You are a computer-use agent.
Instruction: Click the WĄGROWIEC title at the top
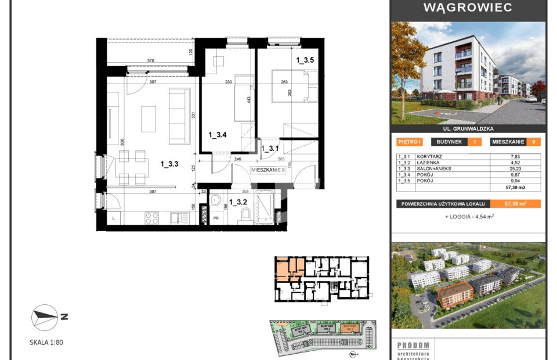pos(468,8)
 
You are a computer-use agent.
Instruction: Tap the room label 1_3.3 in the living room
pos(169,164)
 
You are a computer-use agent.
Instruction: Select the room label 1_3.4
pos(217,135)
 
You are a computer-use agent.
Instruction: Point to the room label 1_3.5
pos(305,59)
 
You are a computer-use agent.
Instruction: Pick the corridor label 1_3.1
pos(270,149)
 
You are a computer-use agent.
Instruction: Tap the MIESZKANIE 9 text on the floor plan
pos(268,170)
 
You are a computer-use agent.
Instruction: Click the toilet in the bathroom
pos(245,216)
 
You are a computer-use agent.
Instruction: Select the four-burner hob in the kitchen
pos(151,218)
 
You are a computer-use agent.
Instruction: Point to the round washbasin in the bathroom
pos(216,201)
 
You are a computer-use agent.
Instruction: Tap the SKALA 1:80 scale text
pos(46,343)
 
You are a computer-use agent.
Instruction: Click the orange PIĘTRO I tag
pos(410,142)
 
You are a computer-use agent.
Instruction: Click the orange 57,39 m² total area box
pos(515,204)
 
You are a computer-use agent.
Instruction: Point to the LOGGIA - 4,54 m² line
pos(469,217)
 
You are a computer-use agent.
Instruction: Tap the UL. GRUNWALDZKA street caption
pos(468,129)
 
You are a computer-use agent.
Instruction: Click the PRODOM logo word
pos(413,345)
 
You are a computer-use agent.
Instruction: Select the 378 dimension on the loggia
pos(150,60)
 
